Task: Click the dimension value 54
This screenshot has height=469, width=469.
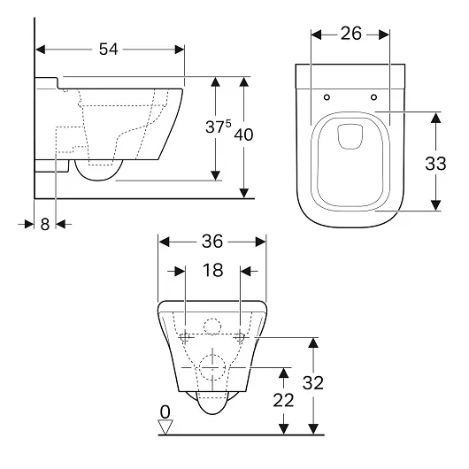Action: coord(109,49)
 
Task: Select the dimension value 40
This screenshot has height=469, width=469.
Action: coord(243,135)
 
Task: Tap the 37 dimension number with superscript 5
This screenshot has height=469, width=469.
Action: coord(219,127)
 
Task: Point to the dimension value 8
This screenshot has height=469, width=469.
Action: coord(45,224)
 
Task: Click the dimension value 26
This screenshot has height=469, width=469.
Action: coord(351,34)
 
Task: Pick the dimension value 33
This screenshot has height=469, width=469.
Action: coord(435,164)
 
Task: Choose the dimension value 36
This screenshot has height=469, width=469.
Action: coord(212,241)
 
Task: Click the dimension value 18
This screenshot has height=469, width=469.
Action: coord(212,270)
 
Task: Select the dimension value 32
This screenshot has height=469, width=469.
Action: coord(313,382)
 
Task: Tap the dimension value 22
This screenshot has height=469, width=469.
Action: coord(283,400)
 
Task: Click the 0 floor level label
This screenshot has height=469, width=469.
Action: coord(165,411)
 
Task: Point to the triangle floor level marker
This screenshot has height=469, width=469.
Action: coord(165,427)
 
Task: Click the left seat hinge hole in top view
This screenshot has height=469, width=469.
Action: coord(327,97)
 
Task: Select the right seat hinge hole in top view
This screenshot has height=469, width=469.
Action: coord(373,97)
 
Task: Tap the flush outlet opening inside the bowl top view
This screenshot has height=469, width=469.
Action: coord(350,136)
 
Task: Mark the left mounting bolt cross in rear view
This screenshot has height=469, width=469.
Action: coord(186,338)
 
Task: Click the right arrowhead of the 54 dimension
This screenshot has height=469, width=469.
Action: coord(180,50)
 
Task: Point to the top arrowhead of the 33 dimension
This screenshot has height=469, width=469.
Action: coord(435,117)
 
